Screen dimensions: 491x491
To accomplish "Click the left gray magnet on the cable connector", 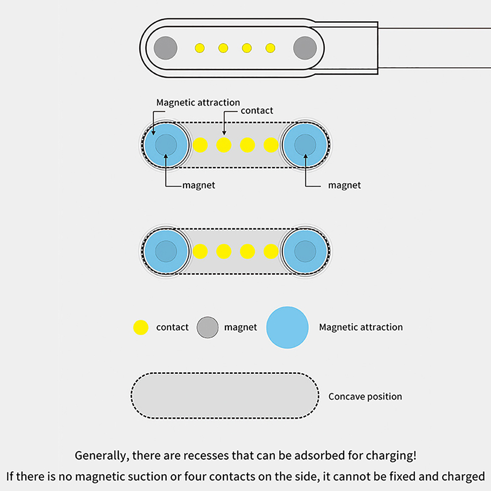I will click(165, 48).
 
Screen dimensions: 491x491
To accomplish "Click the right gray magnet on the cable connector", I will click(305, 48).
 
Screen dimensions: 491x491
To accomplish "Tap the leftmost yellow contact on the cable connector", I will click(200, 48).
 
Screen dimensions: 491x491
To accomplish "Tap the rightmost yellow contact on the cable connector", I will click(270, 48).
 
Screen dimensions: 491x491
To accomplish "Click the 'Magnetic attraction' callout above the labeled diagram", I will click(198, 102).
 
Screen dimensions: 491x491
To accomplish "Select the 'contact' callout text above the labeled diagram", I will click(257, 110).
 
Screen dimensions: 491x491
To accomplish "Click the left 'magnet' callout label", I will click(199, 185).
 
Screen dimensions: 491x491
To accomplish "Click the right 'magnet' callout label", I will click(344, 185).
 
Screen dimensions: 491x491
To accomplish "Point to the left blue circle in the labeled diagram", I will click(166, 145).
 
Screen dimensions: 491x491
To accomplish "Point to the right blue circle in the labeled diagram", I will click(305, 145).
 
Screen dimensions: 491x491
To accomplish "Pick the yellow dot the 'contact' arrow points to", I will click(224, 145).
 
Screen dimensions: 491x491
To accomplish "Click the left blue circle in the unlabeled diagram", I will click(166, 251).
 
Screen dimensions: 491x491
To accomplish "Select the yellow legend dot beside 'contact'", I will click(141, 327).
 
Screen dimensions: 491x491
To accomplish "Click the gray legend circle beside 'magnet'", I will click(208, 327).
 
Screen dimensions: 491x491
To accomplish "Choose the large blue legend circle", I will click(287, 327).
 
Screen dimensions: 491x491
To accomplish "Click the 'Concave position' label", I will click(365, 396).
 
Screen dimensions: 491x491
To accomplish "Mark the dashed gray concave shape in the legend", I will click(225, 396).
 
